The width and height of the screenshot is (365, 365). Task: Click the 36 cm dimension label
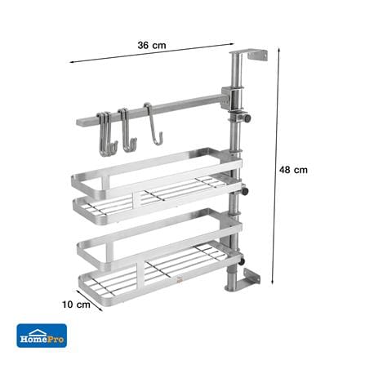coord(152,45)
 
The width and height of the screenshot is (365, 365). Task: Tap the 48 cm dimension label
coord(293,170)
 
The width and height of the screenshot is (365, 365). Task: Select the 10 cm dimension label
coord(76,305)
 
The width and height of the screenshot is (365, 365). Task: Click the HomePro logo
coord(42,336)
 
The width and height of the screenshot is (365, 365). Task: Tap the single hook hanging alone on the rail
coord(153,124)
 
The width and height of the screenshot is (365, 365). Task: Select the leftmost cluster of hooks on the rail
coord(107,134)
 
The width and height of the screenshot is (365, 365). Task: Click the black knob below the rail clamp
coord(247,118)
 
